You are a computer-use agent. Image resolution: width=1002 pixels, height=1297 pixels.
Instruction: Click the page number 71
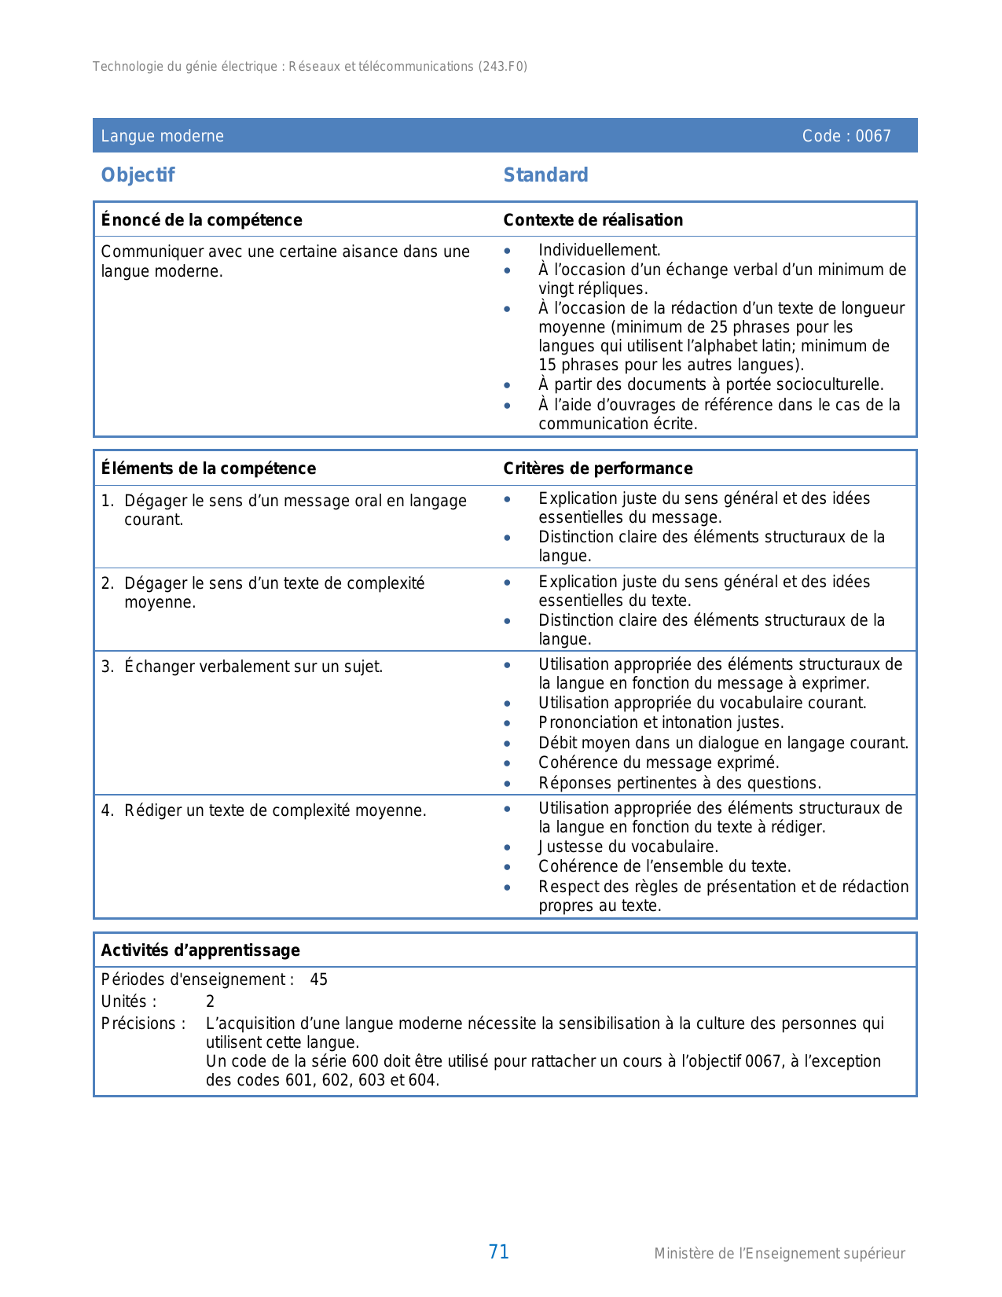[499, 1252]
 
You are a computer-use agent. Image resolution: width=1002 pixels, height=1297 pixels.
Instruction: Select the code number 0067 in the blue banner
[873, 136]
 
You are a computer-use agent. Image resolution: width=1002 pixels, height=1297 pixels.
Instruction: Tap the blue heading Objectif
[138, 175]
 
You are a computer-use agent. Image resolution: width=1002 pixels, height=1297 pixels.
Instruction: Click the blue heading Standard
[545, 175]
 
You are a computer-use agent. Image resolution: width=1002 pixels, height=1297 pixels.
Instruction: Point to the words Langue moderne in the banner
[162, 136]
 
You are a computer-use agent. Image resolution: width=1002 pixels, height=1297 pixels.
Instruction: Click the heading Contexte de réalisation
[593, 220]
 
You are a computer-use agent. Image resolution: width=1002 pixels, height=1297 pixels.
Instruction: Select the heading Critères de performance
[597, 468]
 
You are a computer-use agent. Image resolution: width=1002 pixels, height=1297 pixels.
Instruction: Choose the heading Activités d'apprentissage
[200, 950]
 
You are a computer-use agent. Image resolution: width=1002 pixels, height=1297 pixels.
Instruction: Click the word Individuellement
[599, 250]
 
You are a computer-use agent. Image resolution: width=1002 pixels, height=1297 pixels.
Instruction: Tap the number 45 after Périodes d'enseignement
[318, 979]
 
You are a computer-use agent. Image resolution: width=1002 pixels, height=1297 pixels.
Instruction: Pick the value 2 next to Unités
[210, 1001]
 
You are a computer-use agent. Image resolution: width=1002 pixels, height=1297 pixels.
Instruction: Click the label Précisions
[143, 1023]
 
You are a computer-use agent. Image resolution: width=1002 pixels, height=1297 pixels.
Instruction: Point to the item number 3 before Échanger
[107, 667]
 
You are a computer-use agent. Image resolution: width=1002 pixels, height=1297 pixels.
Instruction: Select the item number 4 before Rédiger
[107, 810]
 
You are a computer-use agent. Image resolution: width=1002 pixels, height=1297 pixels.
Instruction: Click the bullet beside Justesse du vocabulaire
[508, 847]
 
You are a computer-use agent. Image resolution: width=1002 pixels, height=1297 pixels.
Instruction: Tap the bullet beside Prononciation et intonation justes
[508, 723]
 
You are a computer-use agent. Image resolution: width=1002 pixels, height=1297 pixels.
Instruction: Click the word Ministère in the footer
[684, 1254]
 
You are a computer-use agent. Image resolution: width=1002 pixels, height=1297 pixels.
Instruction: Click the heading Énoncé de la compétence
[201, 220]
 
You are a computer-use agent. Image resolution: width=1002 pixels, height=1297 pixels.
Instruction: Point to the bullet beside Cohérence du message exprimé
[508, 763]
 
